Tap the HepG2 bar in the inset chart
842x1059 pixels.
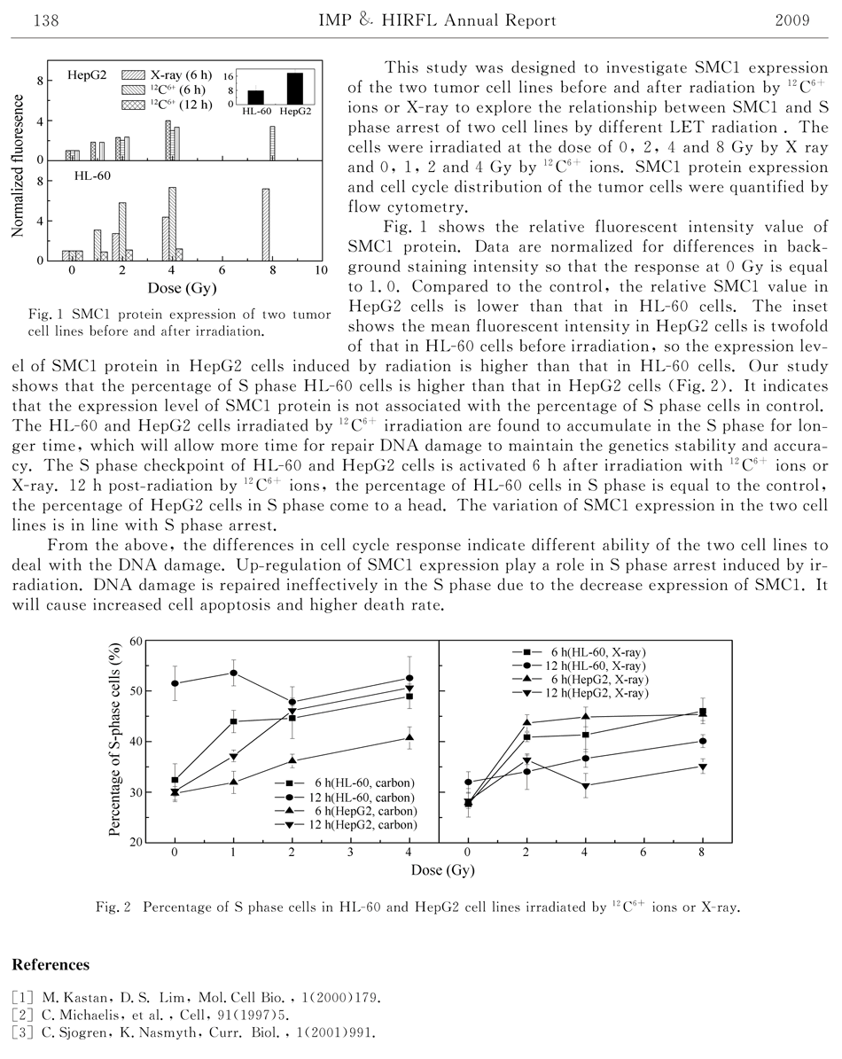(x=294, y=89)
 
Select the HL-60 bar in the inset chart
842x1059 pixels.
(x=256, y=97)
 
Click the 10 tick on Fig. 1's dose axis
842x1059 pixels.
(x=321, y=269)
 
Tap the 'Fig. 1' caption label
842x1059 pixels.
(x=43, y=315)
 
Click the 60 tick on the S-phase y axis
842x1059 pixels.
(x=136, y=641)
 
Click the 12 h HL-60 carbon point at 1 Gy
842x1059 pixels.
(x=233, y=673)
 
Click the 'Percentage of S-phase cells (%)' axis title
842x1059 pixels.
(x=115, y=741)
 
